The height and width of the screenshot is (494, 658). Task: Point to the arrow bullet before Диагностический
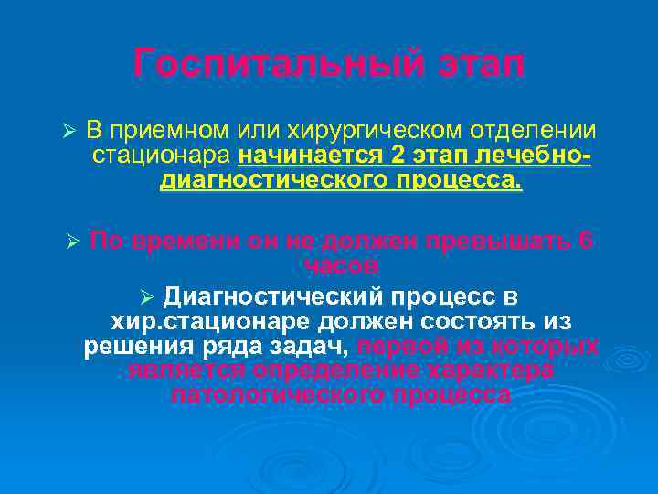150,298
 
